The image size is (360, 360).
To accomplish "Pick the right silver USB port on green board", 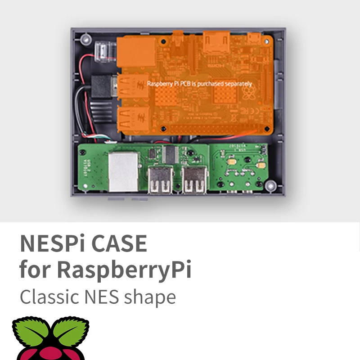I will tap(195, 179).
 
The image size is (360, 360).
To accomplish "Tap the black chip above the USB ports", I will tap(171, 154).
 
